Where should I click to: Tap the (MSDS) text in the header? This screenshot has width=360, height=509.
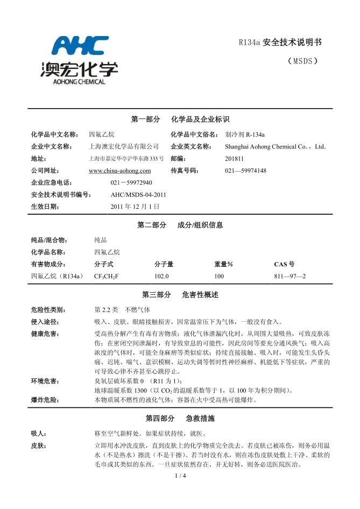(303, 61)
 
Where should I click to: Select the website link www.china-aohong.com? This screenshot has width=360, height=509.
(119, 171)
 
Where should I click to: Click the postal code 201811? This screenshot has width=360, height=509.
(234, 159)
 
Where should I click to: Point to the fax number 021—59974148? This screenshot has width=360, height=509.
(245, 171)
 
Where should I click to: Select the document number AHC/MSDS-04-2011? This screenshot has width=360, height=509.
(138, 194)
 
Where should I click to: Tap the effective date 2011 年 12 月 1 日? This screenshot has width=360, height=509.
(135, 206)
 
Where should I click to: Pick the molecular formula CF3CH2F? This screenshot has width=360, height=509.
(106, 276)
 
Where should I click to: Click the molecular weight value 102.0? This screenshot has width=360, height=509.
(161, 276)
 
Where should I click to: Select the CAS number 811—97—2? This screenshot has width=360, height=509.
(290, 276)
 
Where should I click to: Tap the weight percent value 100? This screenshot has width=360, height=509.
(219, 276)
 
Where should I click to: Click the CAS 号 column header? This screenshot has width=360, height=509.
(284, 264)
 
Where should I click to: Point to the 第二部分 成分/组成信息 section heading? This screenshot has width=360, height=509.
(180, 225)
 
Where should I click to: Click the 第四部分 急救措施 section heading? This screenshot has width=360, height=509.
(180, 418)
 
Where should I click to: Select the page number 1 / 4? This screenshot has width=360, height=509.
(180, 476)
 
